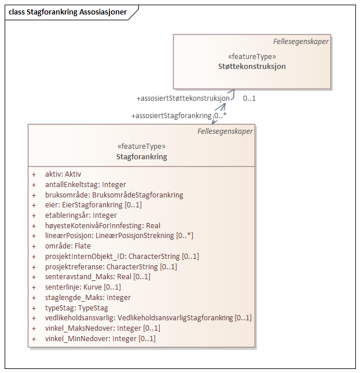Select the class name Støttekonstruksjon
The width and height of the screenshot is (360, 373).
252,66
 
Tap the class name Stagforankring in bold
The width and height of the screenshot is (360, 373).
141,156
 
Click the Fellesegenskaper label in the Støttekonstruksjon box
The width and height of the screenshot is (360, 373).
301,41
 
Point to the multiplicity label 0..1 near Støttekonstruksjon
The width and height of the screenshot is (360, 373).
249,98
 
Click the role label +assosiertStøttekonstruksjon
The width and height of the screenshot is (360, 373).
183,98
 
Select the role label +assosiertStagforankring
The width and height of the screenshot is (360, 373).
172,116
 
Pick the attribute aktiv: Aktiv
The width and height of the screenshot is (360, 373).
63,174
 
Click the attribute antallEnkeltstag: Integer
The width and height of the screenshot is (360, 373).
85,184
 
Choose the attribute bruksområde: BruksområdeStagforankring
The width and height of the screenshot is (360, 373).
114,195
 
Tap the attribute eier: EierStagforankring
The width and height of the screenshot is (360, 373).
93,205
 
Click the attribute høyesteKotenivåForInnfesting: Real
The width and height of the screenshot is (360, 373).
102,225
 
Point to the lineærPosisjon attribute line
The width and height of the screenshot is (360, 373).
119,236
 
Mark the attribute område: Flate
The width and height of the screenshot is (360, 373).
68,246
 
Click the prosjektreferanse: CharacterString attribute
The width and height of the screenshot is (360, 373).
111,266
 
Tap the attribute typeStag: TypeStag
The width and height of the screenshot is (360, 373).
76,308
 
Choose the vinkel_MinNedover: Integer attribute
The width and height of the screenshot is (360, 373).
100,338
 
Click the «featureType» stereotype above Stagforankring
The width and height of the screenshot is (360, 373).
141,147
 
